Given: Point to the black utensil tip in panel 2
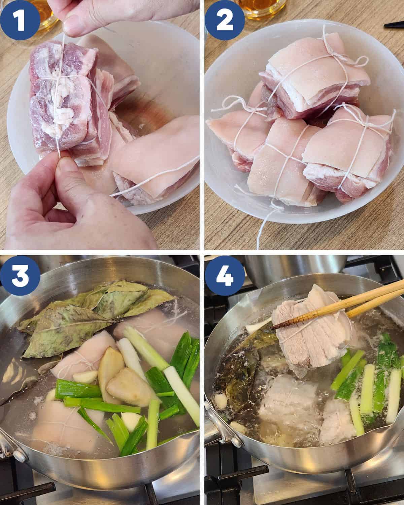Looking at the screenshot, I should (x=394, y=24).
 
